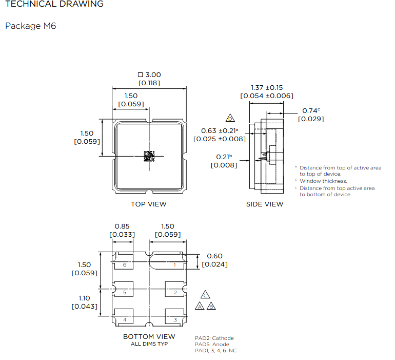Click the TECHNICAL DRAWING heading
pyautogui.click(x=54, y=4)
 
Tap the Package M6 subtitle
pyautogui.click(x=30, y=26)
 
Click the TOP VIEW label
pyautogui.click(x=149, y=204)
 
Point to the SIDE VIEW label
pyautogui.click(x=265, y=204)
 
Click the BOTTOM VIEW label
pyautogui.click(x=149, y=336)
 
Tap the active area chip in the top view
pyautogui.click(x=149, y=156)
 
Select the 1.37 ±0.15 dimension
pyautogui.click(x=267, y=87)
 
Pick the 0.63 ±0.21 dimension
pyautogui.click(x=220, y=130)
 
